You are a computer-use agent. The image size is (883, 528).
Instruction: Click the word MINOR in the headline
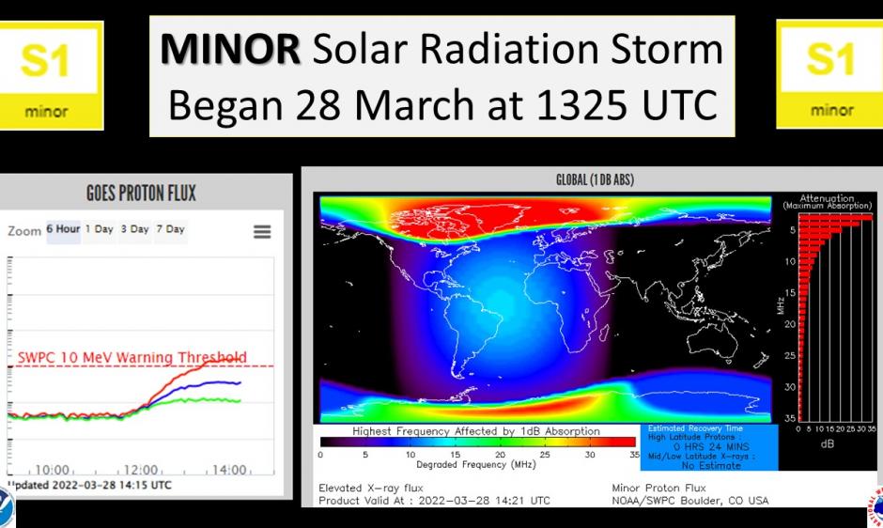coord(230,50)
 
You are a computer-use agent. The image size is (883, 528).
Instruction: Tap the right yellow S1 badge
coord(831,75)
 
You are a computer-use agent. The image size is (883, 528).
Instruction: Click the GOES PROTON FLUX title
coord(142,194)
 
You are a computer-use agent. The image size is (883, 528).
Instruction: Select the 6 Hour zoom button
coord(63,229)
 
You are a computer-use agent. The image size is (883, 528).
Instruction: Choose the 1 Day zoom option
coord(99,229)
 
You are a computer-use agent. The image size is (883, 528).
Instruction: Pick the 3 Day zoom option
coord(134,229)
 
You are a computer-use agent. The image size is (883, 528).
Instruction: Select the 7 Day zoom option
coord(170,229)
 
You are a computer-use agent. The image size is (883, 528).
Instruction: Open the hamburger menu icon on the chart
coord(262,231)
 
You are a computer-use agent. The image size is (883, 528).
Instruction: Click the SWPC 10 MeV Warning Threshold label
coord(132,357)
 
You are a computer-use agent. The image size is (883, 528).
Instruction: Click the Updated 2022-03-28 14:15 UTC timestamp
coord(89,485)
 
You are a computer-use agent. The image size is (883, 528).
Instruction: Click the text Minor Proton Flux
coord(658,488)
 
